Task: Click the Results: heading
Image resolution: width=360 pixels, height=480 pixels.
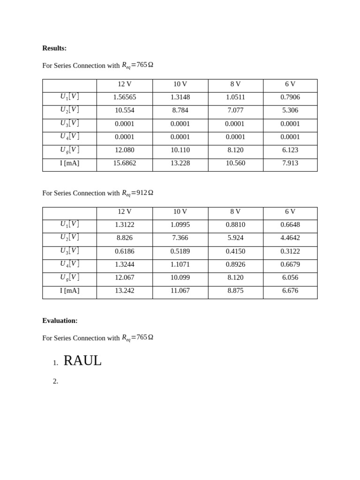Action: tap(54, 48)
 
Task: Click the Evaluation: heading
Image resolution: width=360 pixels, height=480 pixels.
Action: tap(60, 321)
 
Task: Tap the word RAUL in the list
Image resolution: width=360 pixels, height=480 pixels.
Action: tap(82, 360)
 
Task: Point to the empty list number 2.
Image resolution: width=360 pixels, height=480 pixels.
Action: tap(55, 381)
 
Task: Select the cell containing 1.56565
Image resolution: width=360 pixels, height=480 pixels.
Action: tap(125, 97)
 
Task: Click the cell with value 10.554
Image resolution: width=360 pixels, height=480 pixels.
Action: tap(125, 110)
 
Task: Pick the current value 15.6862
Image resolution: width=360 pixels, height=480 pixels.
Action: tap(125, 163)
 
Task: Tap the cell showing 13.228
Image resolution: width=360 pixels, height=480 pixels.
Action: tap(180, 163)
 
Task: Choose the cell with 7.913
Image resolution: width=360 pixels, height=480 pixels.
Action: tap(290, 163)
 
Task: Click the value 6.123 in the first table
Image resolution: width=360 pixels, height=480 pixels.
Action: tap(290, 150)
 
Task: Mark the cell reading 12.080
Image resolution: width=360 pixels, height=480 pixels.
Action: tap(125, 150)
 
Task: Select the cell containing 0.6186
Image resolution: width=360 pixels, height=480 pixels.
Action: tap(125, 251)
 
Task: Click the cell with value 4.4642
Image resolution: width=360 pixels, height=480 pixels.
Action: tap(290, 238)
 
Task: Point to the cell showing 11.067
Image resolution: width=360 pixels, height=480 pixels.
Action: tap(180, 291)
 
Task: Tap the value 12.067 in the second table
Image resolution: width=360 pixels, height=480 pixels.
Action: tap(125, 277)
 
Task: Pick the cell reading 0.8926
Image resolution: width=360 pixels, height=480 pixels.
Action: tap(235, 264)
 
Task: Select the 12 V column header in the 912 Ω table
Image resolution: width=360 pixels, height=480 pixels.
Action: tap(125, 211)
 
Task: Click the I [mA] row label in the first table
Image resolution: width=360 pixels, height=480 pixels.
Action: tap(69, 163)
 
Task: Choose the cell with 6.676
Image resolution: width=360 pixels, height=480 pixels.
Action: tap(290, 291)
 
